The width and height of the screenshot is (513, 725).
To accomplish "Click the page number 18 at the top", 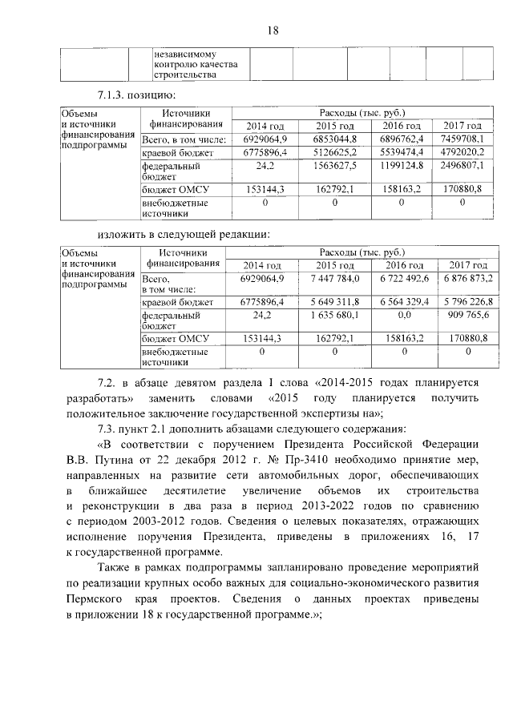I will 272,30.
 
